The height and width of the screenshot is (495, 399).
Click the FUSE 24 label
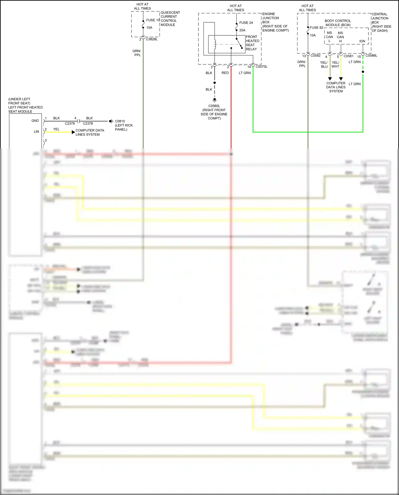point(246,23)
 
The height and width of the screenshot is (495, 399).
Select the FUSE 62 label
point(316,28)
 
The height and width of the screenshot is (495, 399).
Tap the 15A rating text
point(149,28)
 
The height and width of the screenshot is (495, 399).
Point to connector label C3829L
point(152,39)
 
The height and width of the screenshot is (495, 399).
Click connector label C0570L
point(261,67)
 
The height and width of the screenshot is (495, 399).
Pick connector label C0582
point(315,56)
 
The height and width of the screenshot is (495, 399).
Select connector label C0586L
point(371,56)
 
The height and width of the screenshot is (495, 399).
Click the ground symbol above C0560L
point(214,100)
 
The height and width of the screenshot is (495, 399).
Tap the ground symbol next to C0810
point(111,121)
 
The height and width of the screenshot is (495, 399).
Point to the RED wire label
point(225,73)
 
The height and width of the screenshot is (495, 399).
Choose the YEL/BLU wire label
point(324,65)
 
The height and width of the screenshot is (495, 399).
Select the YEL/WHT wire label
point(335,65)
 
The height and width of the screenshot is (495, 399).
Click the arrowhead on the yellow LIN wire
point(73,132)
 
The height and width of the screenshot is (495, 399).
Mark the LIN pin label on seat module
point(36,132)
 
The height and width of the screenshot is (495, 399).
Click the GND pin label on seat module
point(35,121)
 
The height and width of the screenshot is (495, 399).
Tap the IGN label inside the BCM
point(362,41)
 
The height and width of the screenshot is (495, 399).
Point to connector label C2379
point(70,124)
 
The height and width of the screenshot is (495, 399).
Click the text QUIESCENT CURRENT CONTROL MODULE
point(170,19)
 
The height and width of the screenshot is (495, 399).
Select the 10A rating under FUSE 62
point(313,35)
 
